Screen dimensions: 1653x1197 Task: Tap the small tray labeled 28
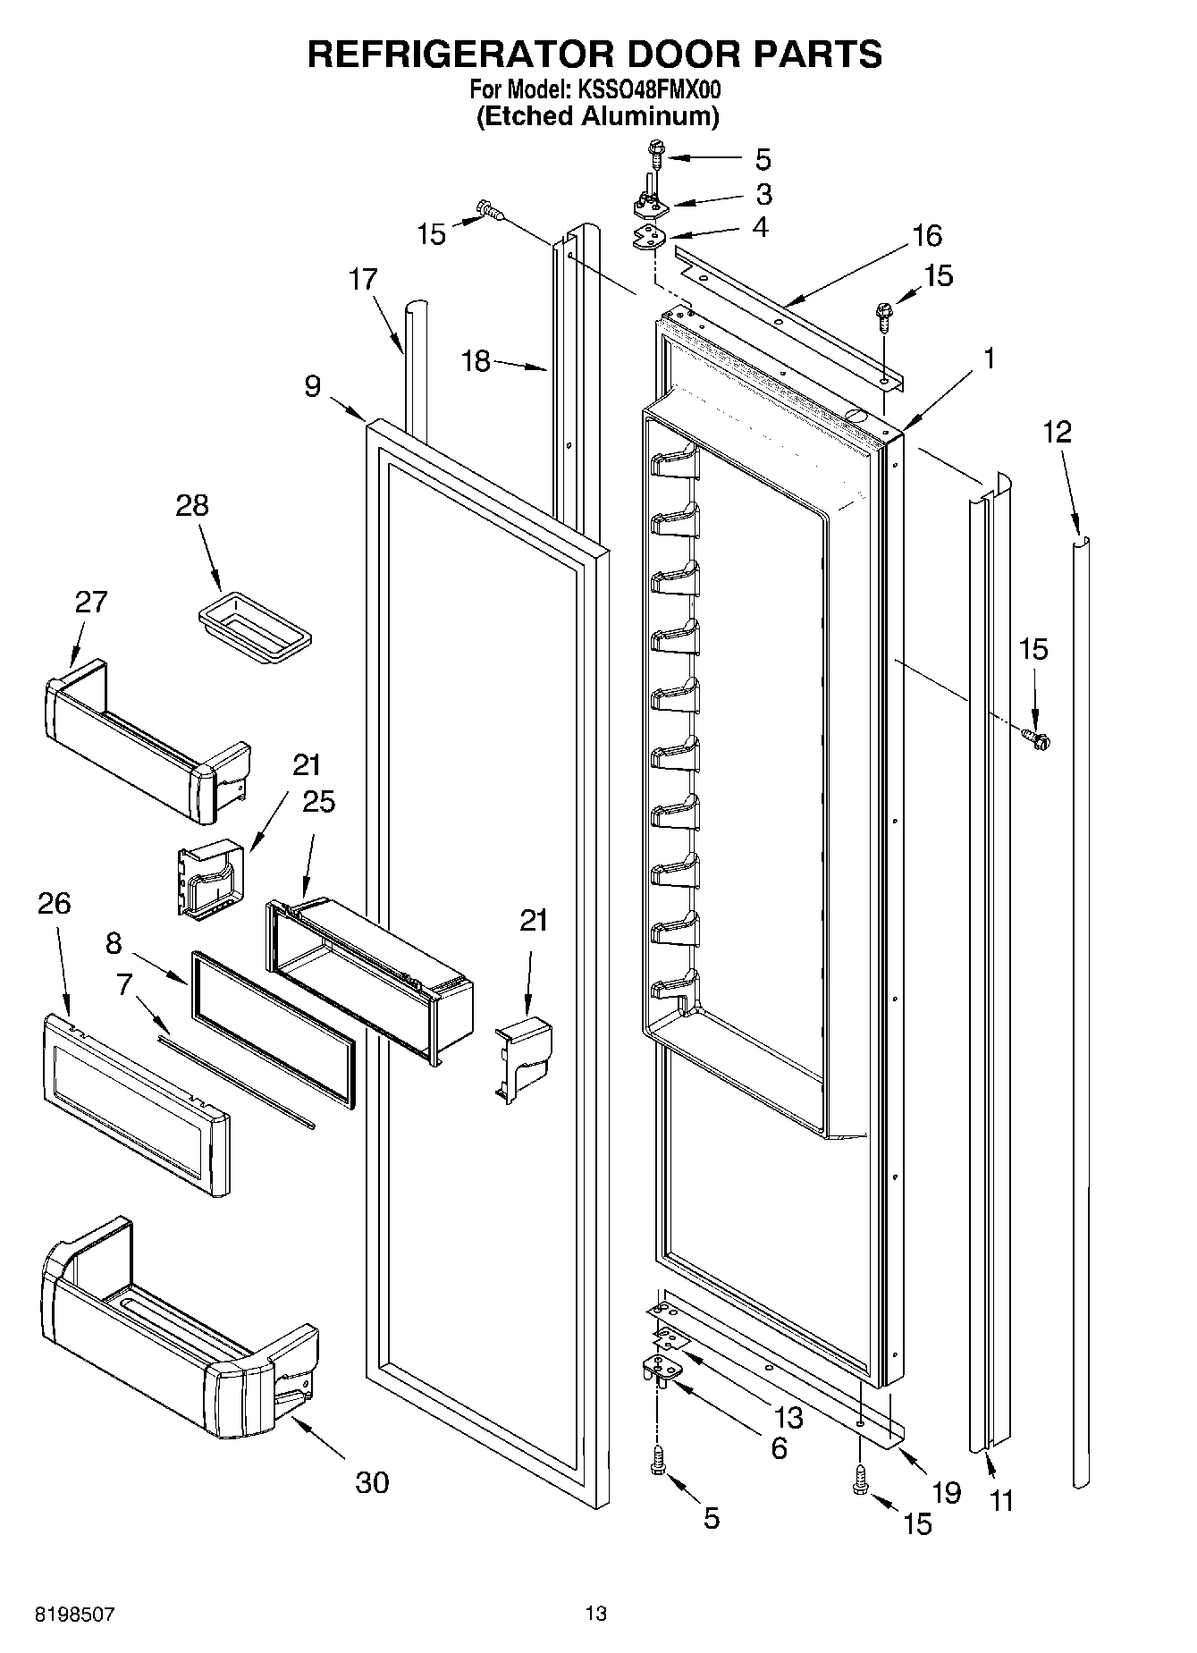[x=255, y=628]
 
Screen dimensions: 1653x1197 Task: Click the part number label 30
[x=372, y=1481]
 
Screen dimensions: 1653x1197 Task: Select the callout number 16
[x=927, y=236]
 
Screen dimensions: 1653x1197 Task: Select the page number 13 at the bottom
[x=596, y=1614]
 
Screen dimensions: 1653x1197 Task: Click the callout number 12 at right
[x=1057, y=433]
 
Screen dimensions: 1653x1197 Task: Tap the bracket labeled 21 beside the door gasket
[x=525, y=1055]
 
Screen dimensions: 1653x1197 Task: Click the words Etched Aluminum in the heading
[x=597, y=116]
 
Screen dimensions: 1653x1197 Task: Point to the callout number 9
[x=312, y=386]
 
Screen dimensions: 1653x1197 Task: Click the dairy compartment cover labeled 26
[x=134, y=1104]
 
